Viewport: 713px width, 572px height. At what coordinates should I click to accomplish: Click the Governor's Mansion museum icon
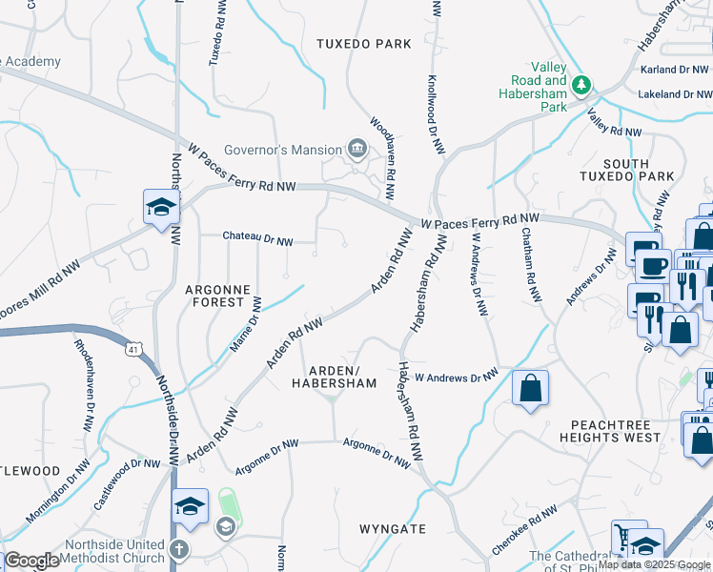click(x=357, y=148)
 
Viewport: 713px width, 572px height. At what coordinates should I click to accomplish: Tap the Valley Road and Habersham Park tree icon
click(x=580, y=86)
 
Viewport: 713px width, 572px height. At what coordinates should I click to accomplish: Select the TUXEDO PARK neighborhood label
click(x=364, y=44)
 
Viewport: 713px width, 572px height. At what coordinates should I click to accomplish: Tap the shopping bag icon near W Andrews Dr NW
click(x=530, y=388)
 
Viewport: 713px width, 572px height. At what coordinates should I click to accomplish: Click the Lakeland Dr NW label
click(x=674, y=94)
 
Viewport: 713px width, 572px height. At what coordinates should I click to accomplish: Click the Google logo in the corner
click(x=31, y=561)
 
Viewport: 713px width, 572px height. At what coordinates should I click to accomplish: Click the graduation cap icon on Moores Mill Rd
click(x=161, y=206)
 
